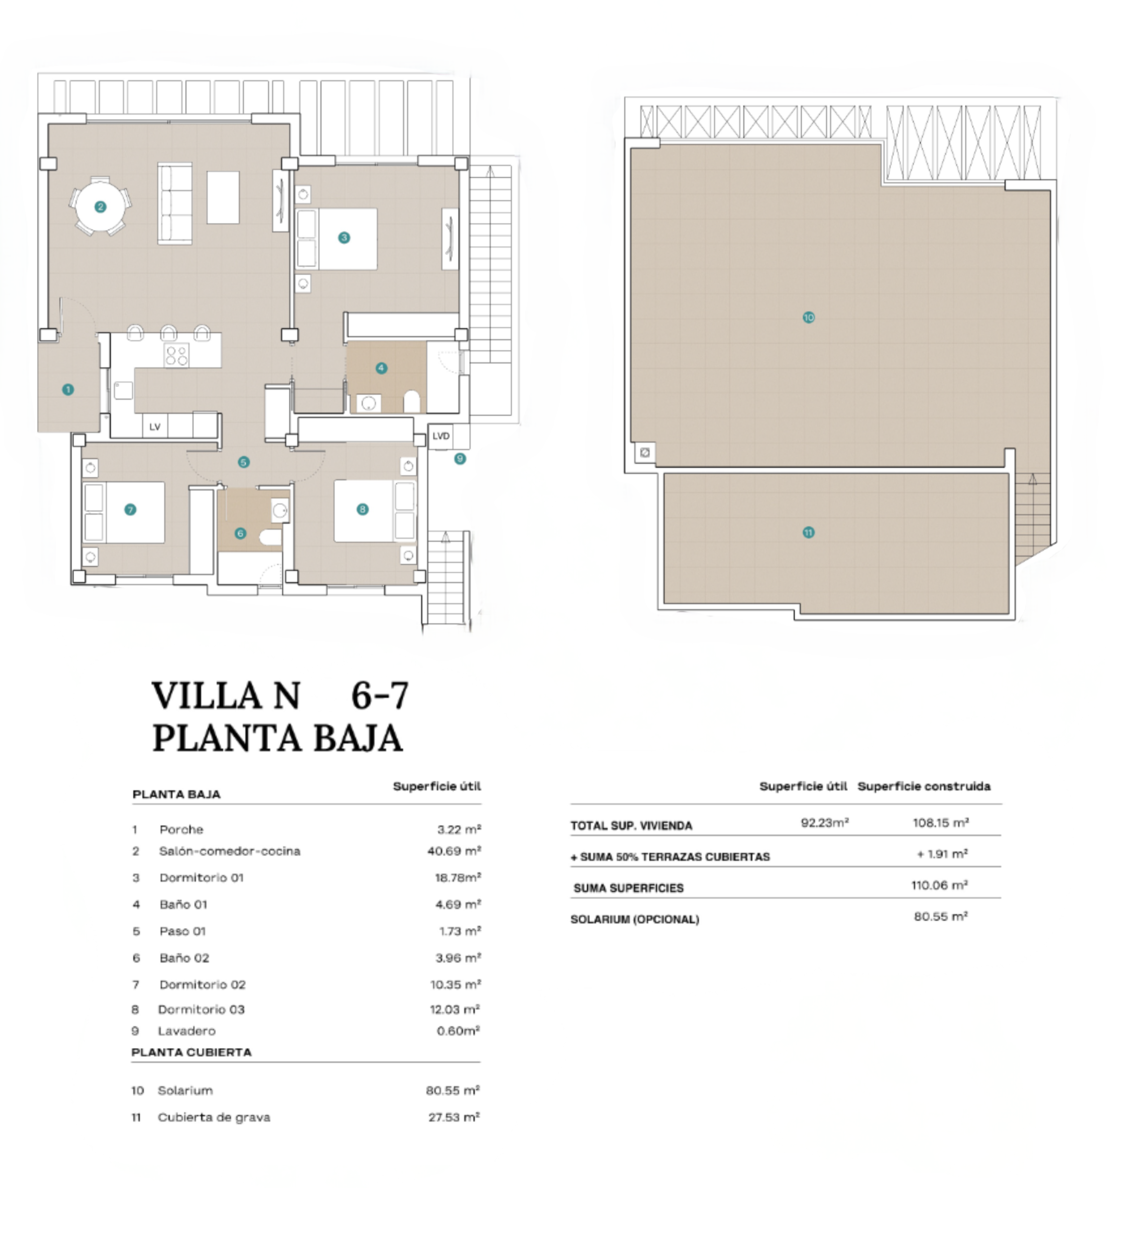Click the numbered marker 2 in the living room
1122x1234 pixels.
(100, 207)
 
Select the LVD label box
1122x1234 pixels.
(440, 436)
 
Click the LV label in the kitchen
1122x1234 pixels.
(155, 427)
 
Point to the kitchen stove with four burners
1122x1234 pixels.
(177, 355)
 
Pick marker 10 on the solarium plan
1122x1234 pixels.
(808, 317)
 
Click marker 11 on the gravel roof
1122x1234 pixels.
(808, 533)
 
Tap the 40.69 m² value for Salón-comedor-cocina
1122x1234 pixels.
(454, 851)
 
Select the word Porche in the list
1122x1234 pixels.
(181, 830)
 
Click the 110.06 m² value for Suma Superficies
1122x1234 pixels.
(939, 885)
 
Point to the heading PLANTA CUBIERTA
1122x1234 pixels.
(191, 1052)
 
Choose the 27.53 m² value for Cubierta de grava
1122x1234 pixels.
(453, 1117)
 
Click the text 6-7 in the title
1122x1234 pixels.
(379, 696)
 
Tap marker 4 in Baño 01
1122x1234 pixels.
(381, 368)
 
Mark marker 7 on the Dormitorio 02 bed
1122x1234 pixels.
(130, 510)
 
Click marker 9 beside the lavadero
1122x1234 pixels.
(460, 458)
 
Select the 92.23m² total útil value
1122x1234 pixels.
(824, 823)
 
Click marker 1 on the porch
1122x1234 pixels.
(68, 389)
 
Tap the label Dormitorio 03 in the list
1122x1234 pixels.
(201, 1009)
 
